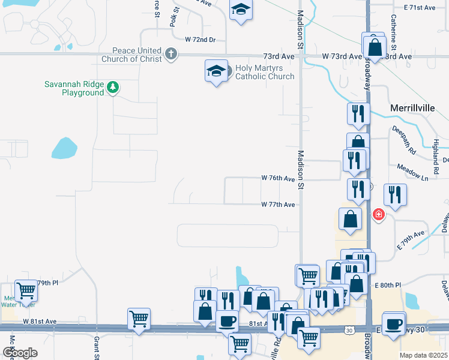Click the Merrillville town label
(x=415, y=107)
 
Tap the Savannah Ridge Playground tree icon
(x=112, y=88)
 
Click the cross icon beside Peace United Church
(x=170, y=55)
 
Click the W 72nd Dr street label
(x=199, y=40)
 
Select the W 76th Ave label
(x=278, y=178)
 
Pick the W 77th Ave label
(x=278, y=205)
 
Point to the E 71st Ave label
(x=420, y=7)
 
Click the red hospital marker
(x=378, y=214)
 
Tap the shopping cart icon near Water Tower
(x=26, y=291)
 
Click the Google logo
(x=20, y=353)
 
